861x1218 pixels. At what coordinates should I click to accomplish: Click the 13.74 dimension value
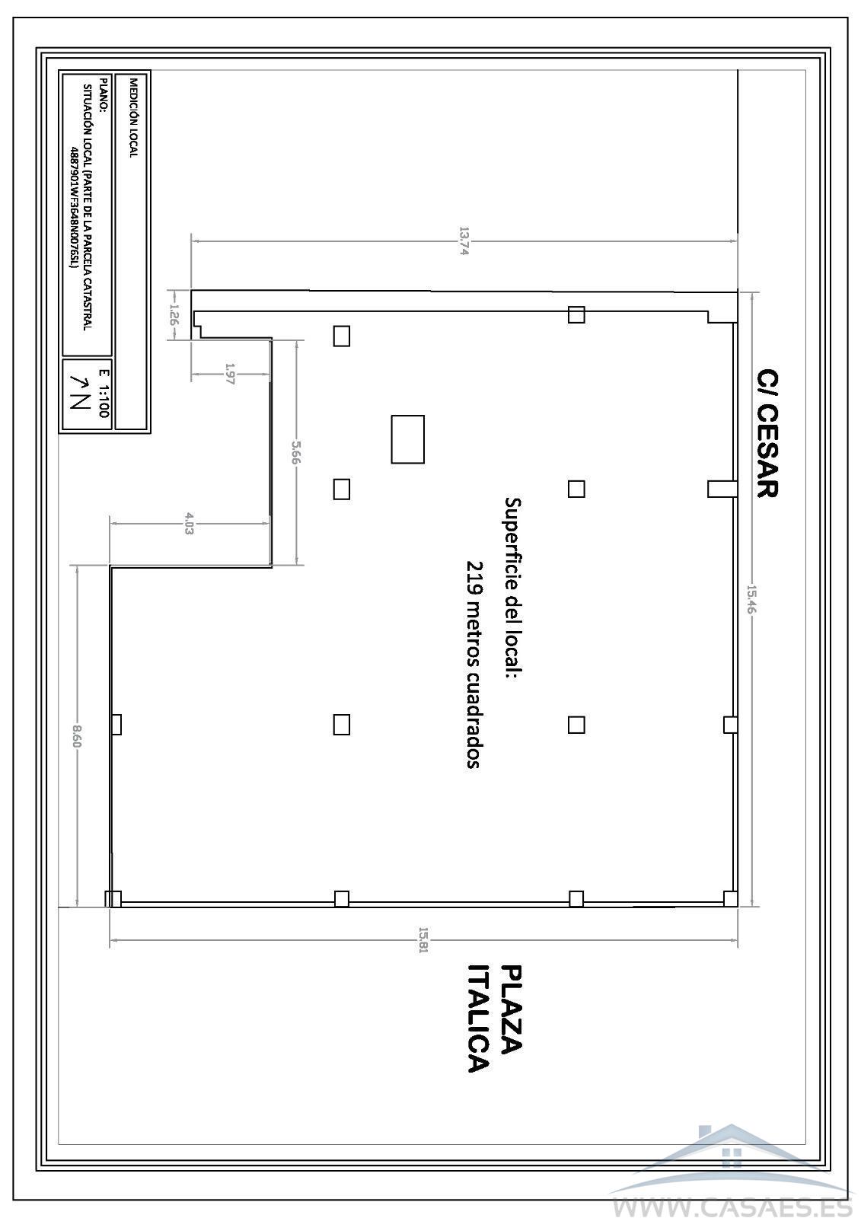pos(464,241)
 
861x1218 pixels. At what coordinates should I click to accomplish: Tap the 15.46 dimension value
pos(751,598)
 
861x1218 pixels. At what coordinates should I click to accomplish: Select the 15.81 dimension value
pos(423,941)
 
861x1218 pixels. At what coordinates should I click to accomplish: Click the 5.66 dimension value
pos(296,452)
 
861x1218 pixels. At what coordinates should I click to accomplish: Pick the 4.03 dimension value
pos(189,523)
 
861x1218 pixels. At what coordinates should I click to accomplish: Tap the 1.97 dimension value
pos(229,374)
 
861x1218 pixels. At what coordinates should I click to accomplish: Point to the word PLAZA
pos(511,1025)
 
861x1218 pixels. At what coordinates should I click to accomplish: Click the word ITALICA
pos(479,1032)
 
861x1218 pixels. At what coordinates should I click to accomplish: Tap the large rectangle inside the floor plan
pos(407,439)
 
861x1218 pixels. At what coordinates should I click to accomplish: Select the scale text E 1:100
pos(104,393)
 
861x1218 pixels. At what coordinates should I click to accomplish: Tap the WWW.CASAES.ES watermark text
pos(732,1206)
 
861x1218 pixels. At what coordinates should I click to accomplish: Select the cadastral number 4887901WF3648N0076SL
pos(73,206)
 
